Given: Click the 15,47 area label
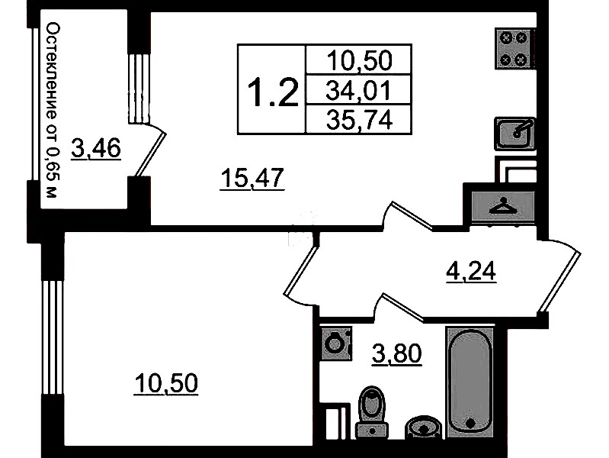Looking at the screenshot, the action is tap(252, 178).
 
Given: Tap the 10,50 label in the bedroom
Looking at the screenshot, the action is tap(166, 383).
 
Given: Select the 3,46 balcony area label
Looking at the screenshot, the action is tap(96, 149).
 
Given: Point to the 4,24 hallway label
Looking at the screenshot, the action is tap(471, 271).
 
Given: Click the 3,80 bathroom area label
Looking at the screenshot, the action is tap(396, 354).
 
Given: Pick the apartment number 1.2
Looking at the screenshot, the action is tap(273, 92).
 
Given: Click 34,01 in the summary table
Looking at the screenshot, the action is tap(358, 90).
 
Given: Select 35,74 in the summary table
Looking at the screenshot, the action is tap(359, 120).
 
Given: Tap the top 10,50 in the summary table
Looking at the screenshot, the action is tap(360, 60).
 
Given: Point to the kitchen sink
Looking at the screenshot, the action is tap(515, 134).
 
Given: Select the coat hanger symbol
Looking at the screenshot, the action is tap(503, 207).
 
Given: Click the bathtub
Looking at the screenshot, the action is tap(470, 382).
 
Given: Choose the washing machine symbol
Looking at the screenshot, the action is tap(335, 343).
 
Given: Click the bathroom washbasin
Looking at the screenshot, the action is tap(423, 427).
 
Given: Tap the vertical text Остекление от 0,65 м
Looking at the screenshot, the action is tap(53, 110).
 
